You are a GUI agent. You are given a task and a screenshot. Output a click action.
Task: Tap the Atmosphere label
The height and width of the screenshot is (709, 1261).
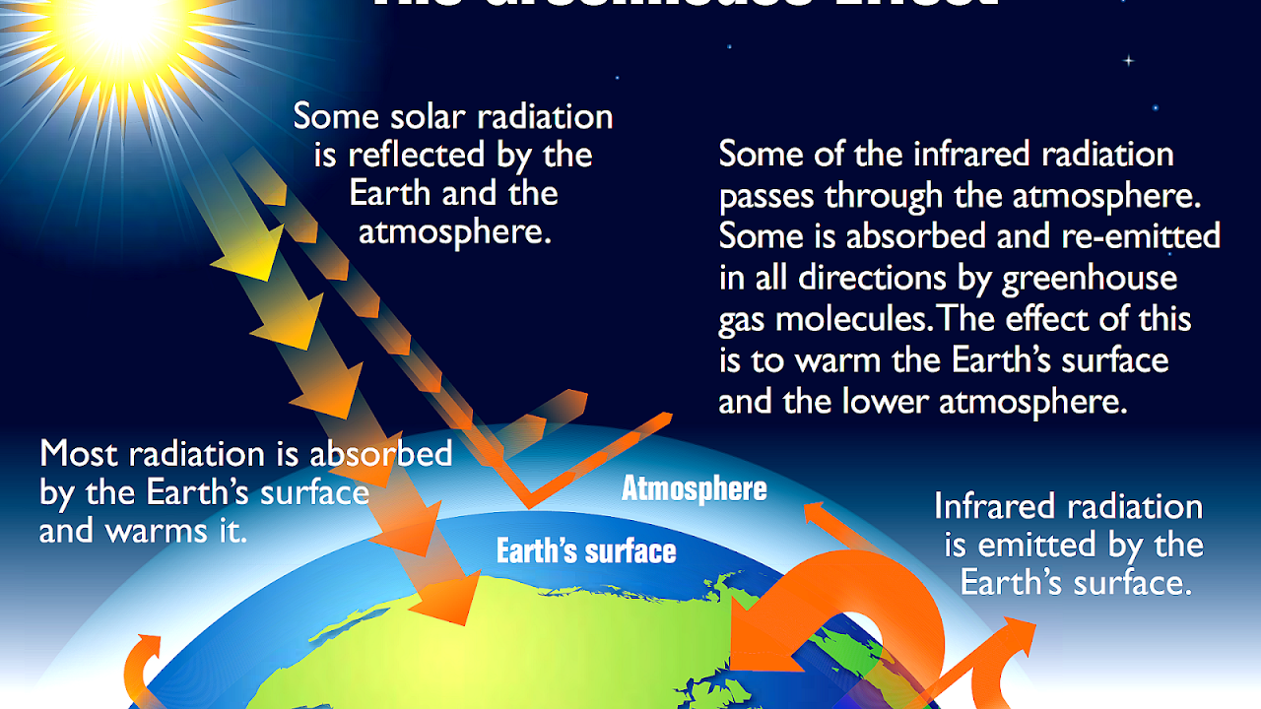coord(694,488)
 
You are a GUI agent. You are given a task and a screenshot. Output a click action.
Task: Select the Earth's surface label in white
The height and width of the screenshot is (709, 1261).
coord(586,550)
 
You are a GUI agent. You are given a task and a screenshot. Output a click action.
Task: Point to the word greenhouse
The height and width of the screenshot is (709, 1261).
coord(1089,279)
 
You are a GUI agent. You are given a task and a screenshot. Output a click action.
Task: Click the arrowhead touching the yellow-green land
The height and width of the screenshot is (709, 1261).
coord(447,600)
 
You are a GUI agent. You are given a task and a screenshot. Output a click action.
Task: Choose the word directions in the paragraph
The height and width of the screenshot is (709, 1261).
coord(872,279)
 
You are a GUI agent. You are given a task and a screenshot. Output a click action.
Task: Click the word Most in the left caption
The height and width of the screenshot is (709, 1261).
coord(78,454)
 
